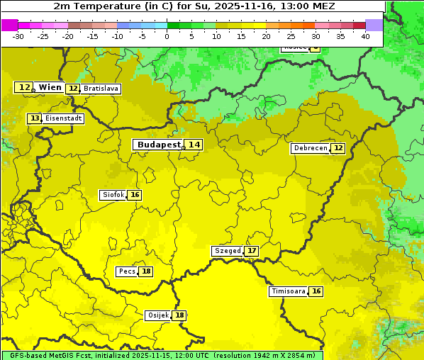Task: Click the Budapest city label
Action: pos(159,145)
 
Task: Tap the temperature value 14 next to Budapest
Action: pos(194,145)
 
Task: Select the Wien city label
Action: pos(50,87)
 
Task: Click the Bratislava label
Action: pos(100,89)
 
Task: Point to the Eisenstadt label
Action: pos(64,118)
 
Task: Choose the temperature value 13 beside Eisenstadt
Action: pos(34,118)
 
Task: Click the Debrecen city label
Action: pos(310,148)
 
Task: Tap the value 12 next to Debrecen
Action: pos(338,148)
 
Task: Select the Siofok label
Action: pos(113,195)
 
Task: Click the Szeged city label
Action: pos(228,251)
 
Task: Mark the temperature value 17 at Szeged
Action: pos(252,251)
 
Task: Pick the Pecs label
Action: pos(127,271)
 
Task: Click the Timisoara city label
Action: pos(289,291)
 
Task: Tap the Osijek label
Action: pos(157,315)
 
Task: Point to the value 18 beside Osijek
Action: pos(180,315)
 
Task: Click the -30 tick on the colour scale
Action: pos(18,36)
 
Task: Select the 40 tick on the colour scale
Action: pos(365,36)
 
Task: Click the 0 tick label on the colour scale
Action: pos(167,36)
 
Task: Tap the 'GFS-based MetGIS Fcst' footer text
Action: pos(46,355)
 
